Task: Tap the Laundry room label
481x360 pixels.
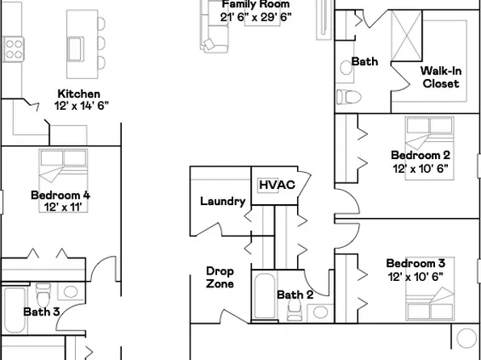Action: point(222,202)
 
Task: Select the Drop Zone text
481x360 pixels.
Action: point(220,278)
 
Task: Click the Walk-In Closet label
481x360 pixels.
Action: point(441,77)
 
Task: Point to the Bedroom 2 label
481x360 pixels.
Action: point(420,155)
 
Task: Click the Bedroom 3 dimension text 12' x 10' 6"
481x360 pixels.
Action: point(415,276)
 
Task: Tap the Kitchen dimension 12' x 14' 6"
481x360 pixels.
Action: point(81,106)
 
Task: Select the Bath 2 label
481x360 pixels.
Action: point(295,295)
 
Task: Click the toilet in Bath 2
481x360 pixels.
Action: point(320,313)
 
